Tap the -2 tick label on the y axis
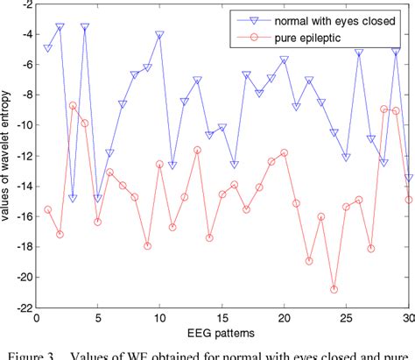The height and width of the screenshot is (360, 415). pyautogui.click(x=22, y=4)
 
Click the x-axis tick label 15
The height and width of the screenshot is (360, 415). pyautogui.click(x=222, y=319)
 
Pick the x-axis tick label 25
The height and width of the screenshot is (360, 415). pyautogui.click(x=347, y=319)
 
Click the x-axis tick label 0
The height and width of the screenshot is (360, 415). pyautogui.click(x=36, y=319)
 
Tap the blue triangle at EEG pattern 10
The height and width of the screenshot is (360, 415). pyautogui.click(x=159, y=35)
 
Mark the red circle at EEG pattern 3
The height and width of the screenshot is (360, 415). pyautogui.click(x=73, y=105)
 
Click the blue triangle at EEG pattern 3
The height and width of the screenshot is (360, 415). pyautogui.click(x=73, y=199)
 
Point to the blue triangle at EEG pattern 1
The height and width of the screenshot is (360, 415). pyautogui.click(x=48, y=48)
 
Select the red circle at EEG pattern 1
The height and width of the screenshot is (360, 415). pyautogui.click(x=48, y=209)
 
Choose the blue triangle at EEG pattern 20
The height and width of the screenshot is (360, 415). pyautogui.click(x=284, y=60)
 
